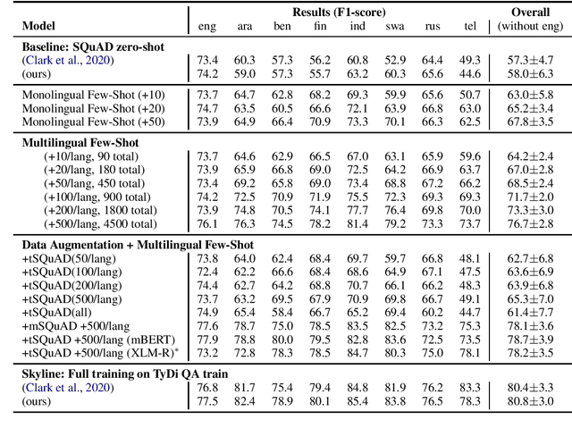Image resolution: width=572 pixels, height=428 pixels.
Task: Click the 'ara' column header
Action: [244, 26]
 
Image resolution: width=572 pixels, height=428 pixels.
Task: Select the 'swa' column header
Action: [394, 26]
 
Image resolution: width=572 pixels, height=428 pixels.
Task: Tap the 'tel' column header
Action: [470, 26]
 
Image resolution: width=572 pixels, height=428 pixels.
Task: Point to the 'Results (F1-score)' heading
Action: [339, 12]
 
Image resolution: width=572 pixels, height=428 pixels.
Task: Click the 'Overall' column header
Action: [530, 12]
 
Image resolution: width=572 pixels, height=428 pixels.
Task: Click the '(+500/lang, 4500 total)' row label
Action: [105, 223]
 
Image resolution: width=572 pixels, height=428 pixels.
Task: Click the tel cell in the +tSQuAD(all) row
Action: [470, 312]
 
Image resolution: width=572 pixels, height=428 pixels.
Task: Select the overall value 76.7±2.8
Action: [530, 223]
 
